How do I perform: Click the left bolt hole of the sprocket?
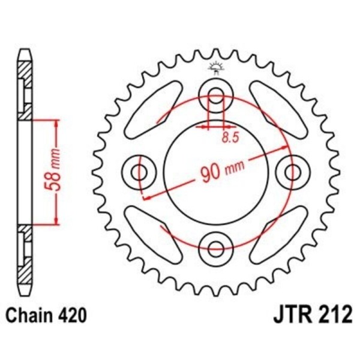coord(140,173)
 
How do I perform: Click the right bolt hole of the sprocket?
coord(293,173)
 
